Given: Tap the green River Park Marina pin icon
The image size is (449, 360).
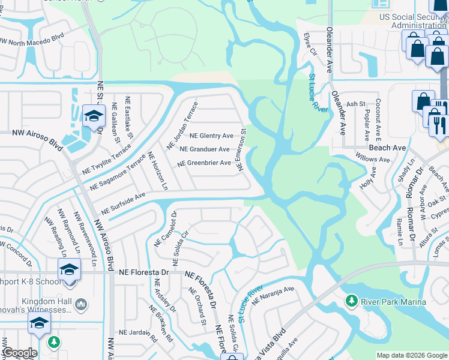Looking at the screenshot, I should [x=351, y=300].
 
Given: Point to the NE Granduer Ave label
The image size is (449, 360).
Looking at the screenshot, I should [x=204, y=149].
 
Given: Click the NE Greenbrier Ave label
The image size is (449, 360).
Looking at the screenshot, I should [x=204, y=163].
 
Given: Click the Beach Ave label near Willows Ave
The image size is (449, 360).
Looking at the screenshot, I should [x=387, y=147].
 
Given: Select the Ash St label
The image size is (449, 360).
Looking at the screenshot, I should [x=356, y=104].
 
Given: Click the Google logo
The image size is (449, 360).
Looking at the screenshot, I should [x=20, y=353].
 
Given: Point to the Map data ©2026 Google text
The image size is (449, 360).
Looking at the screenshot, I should [x=411, y=355].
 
